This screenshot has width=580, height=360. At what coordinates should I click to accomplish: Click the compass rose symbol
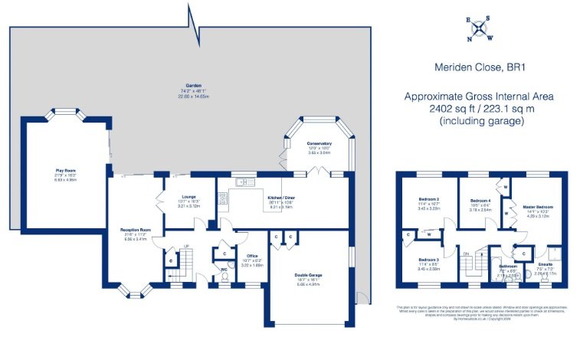pos(480,28)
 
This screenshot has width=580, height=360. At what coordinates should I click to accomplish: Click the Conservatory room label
pos(319,143)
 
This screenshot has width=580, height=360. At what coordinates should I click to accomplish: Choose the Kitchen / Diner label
pos(280,197)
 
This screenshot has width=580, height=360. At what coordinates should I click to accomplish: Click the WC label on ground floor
pos(223,269)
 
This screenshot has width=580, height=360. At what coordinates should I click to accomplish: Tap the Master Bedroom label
pos(538,207)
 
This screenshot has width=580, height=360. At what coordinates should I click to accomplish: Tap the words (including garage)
pos(479,121)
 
